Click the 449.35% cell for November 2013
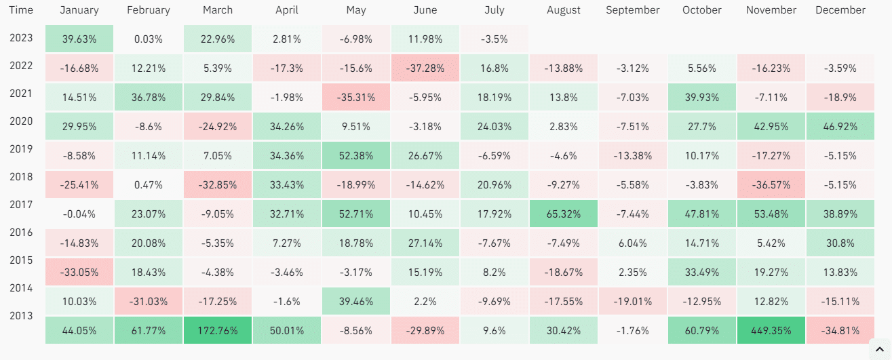(x=771, y=331)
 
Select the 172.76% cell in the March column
(x=217, y=331)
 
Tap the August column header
(x=563, y=10)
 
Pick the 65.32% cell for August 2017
(x=563, y=214)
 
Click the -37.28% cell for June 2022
(x=425, y=68)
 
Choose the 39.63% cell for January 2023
(x=79, y=39)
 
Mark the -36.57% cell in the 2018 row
(x=771, y=185)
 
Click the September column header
(x=632, y=10)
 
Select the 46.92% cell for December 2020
(x=840, y=127)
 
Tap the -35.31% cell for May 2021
(x=355, y=98)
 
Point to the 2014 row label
(x=21, y=287)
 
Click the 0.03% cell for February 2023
(x=148, y=39)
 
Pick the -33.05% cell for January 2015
(x=79, y=273)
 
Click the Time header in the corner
(x=21, y=10)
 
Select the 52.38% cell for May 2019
(x=355, y=156)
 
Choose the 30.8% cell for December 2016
(x=840, y=243)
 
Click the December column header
(x=840, y=10)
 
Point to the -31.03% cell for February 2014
(x=148, y=302)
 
